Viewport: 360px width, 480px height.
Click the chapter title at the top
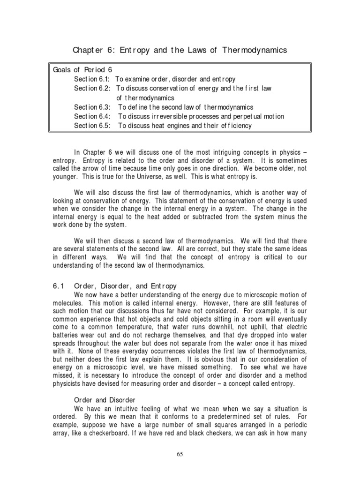180,50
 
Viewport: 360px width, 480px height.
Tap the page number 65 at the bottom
180,454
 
